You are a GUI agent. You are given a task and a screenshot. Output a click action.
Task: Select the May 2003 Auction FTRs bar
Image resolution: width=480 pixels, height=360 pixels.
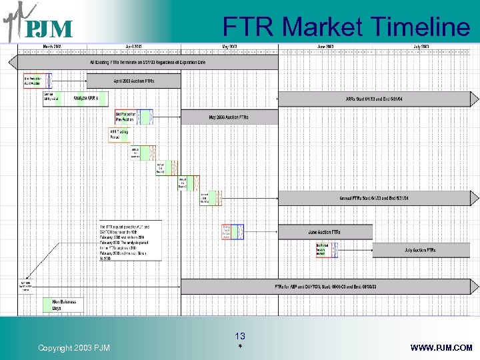[x=229, y=117]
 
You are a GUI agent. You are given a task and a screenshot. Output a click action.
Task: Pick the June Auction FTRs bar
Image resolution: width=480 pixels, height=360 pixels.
[x=324, y=232]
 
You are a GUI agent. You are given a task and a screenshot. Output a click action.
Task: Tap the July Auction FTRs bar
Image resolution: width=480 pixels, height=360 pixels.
[x=420, y=250]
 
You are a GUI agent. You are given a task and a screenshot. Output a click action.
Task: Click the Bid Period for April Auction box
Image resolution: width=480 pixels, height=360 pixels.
[x=33, y=80]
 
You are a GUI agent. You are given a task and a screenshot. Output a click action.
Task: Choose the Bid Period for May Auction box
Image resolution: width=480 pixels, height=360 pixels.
[x=126, y=117]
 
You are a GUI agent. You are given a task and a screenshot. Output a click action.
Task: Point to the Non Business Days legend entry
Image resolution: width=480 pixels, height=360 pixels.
[x=65, y=304]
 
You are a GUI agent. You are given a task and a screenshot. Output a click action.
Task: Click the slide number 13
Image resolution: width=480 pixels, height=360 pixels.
[x=240, y=337]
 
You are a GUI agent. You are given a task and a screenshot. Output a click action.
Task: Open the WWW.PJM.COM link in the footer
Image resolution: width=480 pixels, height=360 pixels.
[x=442, y=347]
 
